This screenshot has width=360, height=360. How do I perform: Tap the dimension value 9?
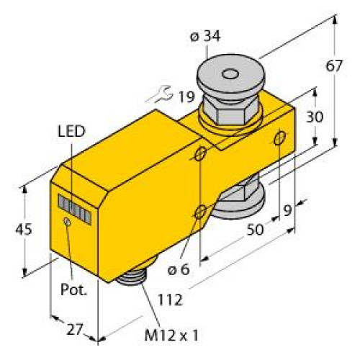coord(288,210)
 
